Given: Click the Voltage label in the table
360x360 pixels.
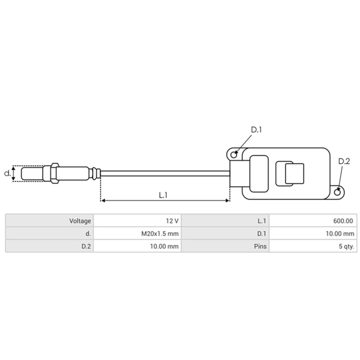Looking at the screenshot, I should point(80,221).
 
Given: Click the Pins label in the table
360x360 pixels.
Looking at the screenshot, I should point(260,246).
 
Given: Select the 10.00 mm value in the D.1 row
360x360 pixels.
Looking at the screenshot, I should point(341,234).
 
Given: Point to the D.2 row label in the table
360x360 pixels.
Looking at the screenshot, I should point(86,246).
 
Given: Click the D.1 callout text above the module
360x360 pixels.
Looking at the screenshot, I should point(256,130).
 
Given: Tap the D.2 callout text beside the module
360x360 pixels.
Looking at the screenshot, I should point(344,162).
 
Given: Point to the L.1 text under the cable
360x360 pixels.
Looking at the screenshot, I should point(163,195).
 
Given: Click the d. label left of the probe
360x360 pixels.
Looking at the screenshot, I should point(7,173).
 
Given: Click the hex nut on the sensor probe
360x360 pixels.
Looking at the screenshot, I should point(54,173).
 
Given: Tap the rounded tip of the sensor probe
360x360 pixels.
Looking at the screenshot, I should point(23,173).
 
